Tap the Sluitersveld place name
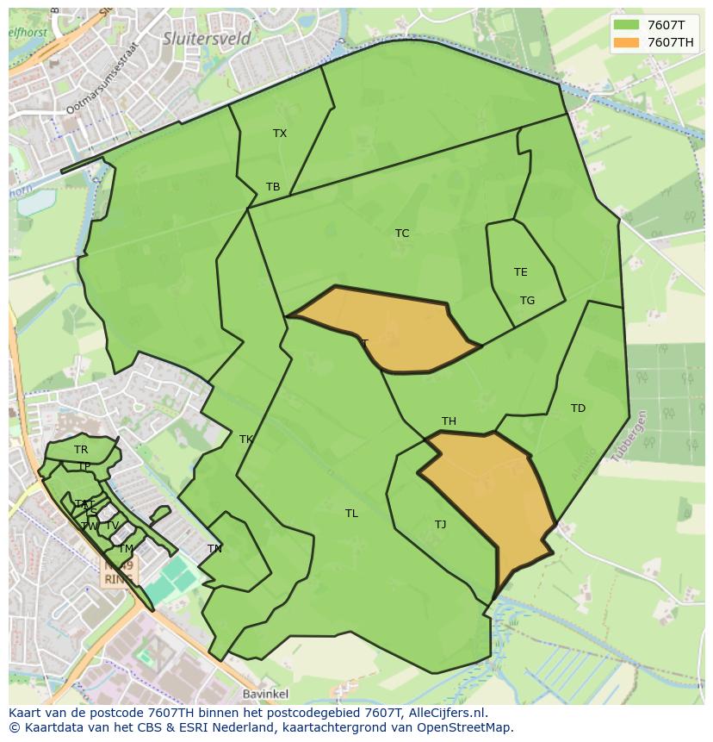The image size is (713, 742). click(207, 39)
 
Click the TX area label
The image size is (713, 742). click(280, 134)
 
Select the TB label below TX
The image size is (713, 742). click(273, 187)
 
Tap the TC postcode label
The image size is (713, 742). click(402, 234)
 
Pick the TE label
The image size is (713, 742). click(520, 272)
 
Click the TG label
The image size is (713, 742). click(527, 301)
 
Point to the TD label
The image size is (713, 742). click(578, 408)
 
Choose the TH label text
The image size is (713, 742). click(449, 421)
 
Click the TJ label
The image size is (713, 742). click(440, 525)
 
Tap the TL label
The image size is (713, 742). click(351, 514)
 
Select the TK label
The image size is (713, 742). click(246, 440)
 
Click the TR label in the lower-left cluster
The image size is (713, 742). click(81, 450)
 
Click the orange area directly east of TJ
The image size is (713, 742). click(495, 500)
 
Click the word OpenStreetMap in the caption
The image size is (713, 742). click(466, 727)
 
